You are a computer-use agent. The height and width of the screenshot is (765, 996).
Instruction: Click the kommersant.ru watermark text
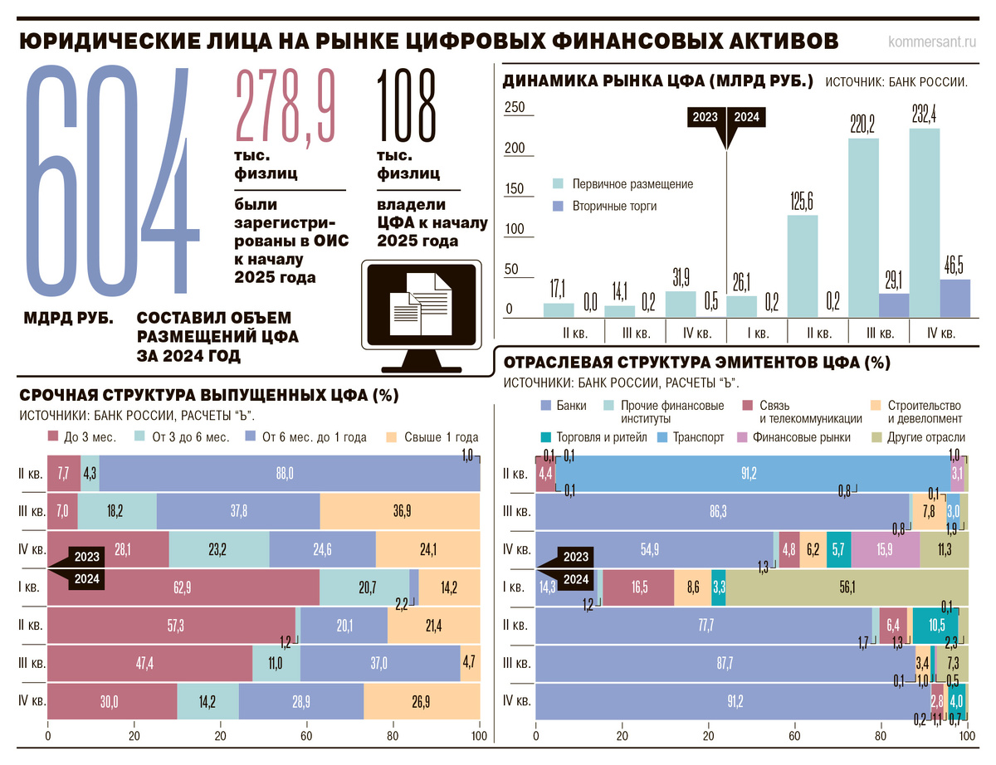pos(932,41)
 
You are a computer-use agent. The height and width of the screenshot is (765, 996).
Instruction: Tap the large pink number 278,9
pos(286,107)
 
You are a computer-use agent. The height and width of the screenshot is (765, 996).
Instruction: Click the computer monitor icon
pos(422,316)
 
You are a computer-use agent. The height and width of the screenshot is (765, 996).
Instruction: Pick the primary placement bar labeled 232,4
pos(924,222)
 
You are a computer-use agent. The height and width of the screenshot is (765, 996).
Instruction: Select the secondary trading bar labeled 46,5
pos(954,298)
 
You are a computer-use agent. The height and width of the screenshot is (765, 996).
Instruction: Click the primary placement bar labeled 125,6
pos(802,266)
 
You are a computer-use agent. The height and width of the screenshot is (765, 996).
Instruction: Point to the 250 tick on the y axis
pos(515,107)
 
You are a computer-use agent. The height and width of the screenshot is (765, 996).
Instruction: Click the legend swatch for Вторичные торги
pos(558,206)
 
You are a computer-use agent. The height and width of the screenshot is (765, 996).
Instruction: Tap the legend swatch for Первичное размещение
pos(558,183)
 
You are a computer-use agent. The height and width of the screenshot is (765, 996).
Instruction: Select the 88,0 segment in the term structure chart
pos(290,473)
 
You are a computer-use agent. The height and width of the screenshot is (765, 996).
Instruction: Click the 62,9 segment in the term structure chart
pos(183,587)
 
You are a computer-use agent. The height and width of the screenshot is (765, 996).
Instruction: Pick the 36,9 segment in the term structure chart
pos(400,511)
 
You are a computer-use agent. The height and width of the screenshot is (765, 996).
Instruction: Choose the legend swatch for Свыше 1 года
pos(391,436)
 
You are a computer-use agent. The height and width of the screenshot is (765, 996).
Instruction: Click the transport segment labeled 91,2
pos(753,473)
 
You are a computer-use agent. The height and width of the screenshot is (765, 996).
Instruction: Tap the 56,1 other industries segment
pos(847,587)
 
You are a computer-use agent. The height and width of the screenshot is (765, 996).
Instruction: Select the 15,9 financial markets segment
pos(885,549)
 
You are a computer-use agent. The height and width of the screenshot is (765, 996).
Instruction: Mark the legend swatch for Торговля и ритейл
pos(545,437)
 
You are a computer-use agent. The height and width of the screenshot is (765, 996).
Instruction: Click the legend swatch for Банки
pos(545,405)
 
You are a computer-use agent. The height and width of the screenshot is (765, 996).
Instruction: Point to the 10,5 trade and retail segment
pos(935,626)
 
